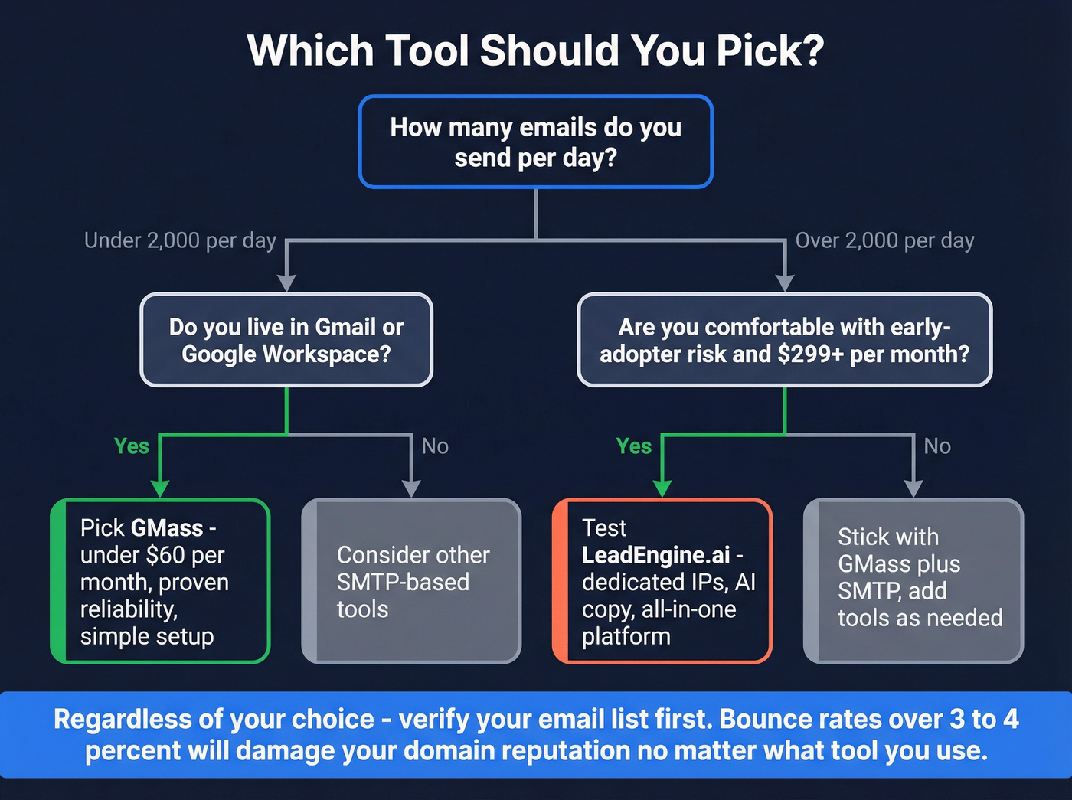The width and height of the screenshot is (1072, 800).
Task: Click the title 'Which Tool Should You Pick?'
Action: pos(535,51)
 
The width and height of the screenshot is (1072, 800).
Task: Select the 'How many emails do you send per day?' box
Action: pos(535,142)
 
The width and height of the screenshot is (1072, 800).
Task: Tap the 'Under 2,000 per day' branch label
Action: pos(180,240)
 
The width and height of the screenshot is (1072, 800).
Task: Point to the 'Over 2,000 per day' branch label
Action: pos(884,240)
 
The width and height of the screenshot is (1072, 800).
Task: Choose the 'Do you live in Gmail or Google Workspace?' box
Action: pos(286,340)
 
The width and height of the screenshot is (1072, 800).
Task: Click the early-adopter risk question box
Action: pos(784,340)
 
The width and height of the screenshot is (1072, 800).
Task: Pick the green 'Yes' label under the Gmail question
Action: pos(131,446)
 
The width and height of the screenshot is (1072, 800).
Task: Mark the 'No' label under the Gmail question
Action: pos(435,446)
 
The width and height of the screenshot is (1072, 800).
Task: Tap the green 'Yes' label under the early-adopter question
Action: pos(633,446)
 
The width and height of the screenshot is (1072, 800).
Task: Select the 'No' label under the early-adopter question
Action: pos(937,446)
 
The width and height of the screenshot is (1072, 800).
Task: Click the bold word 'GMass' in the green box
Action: pos(167,528)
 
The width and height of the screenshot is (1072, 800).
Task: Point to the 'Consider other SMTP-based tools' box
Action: pos(412,581)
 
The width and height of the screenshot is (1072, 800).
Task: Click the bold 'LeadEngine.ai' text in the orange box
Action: pos(655,555)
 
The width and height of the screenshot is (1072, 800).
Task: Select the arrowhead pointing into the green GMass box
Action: pos(159,488)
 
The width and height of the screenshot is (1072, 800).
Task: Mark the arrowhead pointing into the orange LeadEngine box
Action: pos(662,488)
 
